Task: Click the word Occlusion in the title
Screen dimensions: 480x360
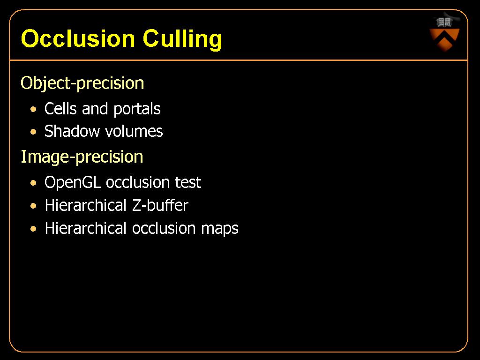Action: tap(78, 38)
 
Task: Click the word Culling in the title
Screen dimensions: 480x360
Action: tap(182, 39)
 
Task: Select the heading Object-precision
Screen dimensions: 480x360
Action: tap(82, 83)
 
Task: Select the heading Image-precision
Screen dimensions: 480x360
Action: tap(82, 157)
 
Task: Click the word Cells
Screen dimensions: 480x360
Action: tap(60, 109)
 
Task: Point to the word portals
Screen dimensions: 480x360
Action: tap(137, 109)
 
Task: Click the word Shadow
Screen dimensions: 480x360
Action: tap(72, 131)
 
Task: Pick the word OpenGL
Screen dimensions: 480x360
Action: tap(73, 183)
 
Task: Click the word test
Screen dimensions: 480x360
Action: tap(188, 183)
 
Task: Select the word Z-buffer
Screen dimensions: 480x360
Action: tap(160, 205)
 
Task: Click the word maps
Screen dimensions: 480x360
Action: tap(219, 229)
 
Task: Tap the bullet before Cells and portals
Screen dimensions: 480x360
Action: tap(33, 109)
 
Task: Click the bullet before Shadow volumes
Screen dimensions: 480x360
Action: tap(33, 132)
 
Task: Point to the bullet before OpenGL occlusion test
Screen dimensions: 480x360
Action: tap(33, 183)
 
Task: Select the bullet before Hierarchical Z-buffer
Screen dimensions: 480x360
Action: tap(33, 206)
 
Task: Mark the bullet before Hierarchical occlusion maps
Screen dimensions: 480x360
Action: tap(33, 229)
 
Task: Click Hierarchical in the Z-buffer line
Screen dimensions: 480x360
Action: tap(86, 205)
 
